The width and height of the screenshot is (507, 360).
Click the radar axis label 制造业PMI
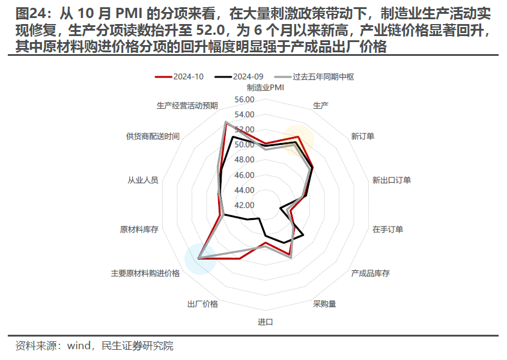coord(266,88)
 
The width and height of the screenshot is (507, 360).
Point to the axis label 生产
coord(321,106)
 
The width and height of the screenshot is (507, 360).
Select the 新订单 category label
coord(363,136)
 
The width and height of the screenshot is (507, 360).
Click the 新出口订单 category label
coord(391,180)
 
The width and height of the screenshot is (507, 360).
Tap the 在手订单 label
coord(387,229)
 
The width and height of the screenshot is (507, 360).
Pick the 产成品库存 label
coord(370,273)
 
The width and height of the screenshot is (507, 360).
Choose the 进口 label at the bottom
coord(265,322)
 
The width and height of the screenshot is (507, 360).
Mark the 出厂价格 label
coord(203,304)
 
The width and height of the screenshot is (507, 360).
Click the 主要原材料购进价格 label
coord(145,273)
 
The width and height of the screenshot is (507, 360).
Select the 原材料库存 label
coord(139,229)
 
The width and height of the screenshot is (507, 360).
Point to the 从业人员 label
coord(142,180)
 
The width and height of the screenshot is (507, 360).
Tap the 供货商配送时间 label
coord(153,136)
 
